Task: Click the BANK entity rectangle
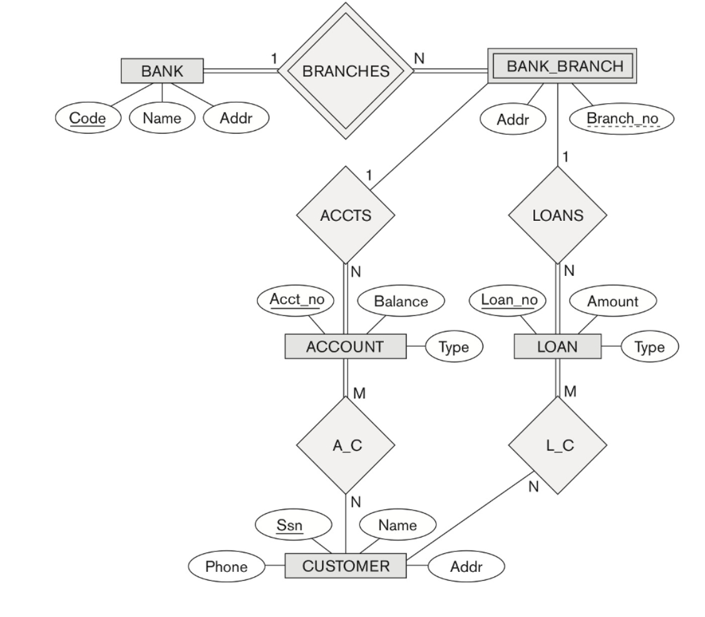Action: point(162,71)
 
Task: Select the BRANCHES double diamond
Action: point(346,71)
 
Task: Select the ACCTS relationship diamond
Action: point(346,216)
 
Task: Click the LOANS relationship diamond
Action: point(557,216)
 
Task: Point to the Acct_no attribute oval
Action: point(297,300)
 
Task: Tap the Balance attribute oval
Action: point(401,301)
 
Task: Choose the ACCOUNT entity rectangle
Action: point(345,347)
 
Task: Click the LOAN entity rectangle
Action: point(557,347)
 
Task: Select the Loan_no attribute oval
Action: point(508,300)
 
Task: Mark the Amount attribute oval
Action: point(612,301)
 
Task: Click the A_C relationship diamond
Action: point(346,446)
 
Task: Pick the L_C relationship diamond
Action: point(557,446)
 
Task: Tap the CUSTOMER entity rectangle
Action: point(346,567)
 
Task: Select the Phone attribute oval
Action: point(226,568)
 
